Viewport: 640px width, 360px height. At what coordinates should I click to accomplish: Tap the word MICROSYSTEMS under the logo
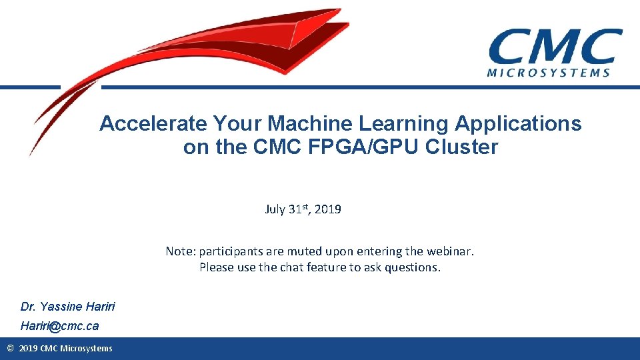click(x=549, y=73)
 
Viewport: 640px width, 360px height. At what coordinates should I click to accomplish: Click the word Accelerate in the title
click(x=153, y=123)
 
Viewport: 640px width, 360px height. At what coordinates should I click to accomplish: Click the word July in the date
click(x=275, y=209)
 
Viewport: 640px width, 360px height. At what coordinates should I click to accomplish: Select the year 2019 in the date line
click(x=328, y=209)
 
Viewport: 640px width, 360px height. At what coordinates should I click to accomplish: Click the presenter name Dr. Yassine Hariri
click(x=67, y=307)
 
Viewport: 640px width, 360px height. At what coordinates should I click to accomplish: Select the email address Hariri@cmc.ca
click(x=59, y=326)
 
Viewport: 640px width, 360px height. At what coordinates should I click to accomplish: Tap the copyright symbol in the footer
click(x=10, y=348)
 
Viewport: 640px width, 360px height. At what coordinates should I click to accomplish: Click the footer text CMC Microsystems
click(x=76, y=348)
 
